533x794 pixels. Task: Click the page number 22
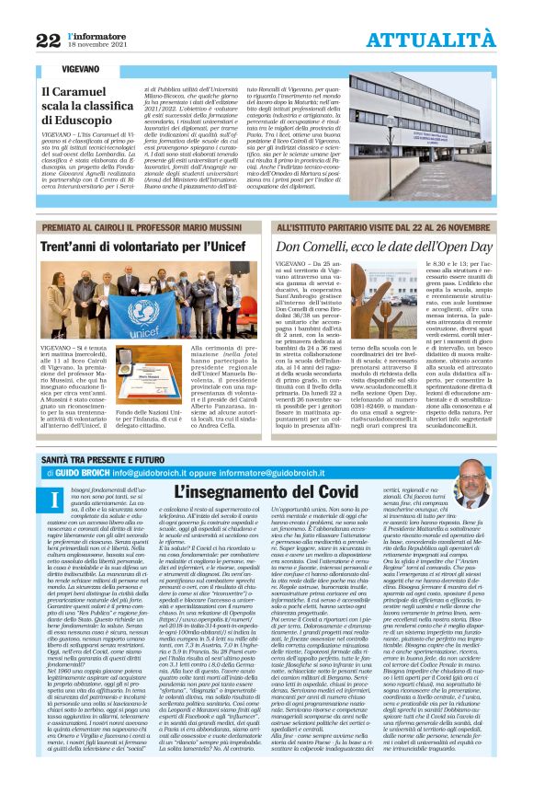pyautogui.click(x=48, y=39)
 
